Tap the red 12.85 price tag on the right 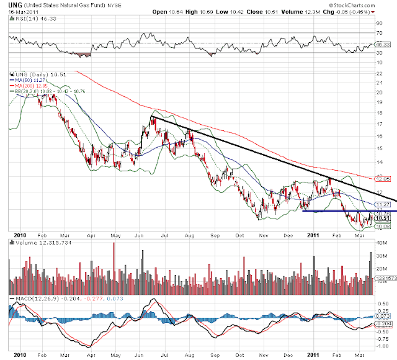(385, 178)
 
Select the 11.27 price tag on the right (385, 204)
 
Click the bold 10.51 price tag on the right (385, 218)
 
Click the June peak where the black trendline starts (152, 117)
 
